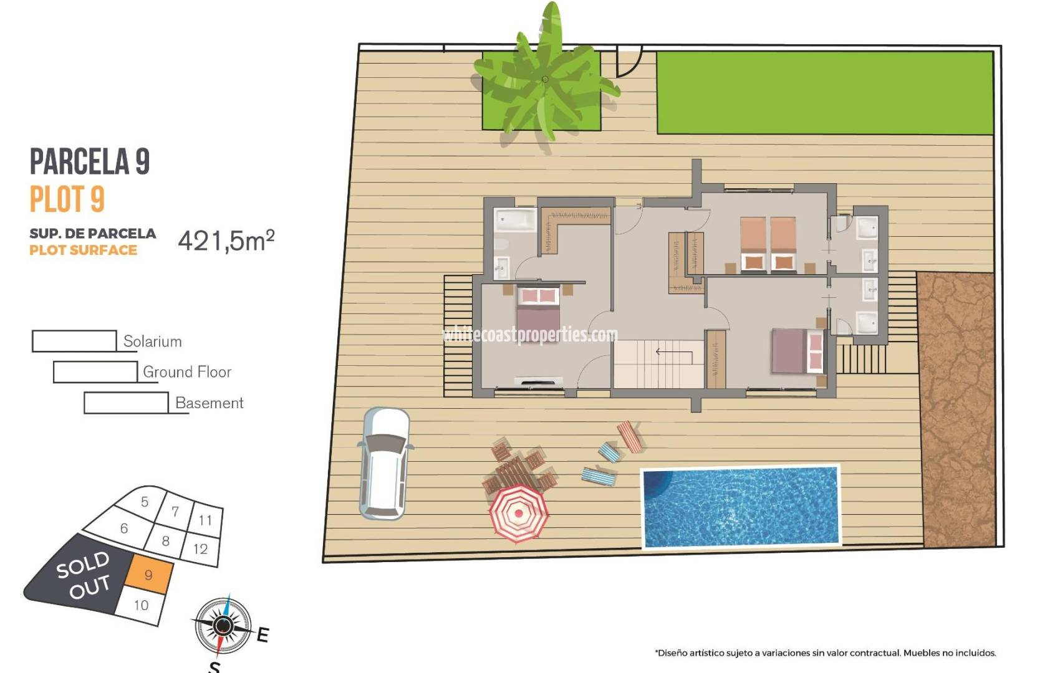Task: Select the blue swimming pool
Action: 741,507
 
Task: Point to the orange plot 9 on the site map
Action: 148,575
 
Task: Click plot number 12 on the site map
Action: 200,549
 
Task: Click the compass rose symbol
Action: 223,625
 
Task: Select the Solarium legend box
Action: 74,341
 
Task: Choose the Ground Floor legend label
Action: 187,372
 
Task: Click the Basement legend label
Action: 209,403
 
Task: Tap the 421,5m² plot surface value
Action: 226,241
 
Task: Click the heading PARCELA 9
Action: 90,162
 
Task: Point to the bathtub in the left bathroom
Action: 515,220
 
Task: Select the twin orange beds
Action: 768,244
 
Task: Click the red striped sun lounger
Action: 630,436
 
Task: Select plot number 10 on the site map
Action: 142,605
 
